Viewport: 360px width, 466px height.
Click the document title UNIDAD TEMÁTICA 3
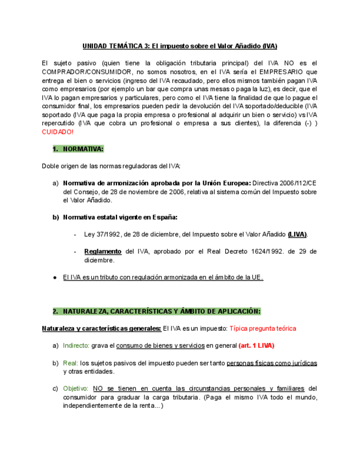click(115, 46)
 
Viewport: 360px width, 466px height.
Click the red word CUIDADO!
click(58, 132)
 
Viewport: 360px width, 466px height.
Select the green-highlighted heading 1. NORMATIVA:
click(78, 149)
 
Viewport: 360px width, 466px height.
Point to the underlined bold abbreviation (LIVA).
click(297, 234)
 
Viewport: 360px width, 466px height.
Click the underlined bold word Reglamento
click(103, 251)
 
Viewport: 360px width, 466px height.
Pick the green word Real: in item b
click(71, 363)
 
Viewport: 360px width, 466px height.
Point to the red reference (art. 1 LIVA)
click(256, 346)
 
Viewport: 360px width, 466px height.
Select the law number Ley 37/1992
click(104, 234)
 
